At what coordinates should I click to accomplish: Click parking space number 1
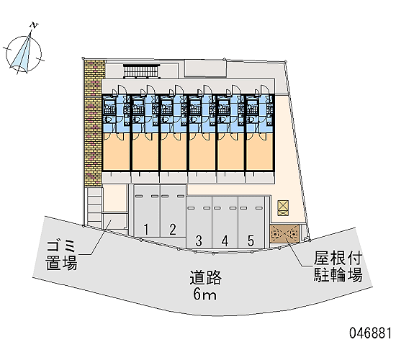pyautogui.click(x=147, y=211)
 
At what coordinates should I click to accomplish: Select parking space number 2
pyautogui.click(x=173, y=211)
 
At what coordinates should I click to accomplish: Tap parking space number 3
pyautogui.click(x=199, y=222)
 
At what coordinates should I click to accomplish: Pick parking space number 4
pyautogui.click(x=225, y=222)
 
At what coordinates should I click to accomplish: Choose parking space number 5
pyautogui.click(x=251, y=222)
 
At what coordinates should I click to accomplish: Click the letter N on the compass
pyautogui.click(x=34, y=25)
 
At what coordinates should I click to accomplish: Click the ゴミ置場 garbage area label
pyautogui.click(x=62, y=256)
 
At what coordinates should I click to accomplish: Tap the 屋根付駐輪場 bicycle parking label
pyautogui.click(x=338, y=267)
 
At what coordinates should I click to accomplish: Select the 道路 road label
pyautogui.click(x=206, y=277)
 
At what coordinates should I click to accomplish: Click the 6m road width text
pyautogui.click(x=204, y=294)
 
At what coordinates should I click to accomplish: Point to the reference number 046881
pyautogui.click(x=371, y=333)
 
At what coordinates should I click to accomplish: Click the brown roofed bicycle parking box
pyautogui.click(x=284, y=234)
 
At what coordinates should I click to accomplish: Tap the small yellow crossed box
pyautogui.click(x=283, y=208)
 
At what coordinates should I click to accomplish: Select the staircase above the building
pyautogui.click(x=142, y=71)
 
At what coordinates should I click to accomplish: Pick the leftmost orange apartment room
pyautogui.click(x=116, y=152)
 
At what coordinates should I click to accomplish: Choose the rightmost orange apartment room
pyautogui.click(x=260, y=152)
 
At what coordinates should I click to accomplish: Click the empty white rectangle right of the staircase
pyautogui.click(x=205, y=68)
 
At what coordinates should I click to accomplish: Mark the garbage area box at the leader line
pyautogui.click(x=114, y=221)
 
